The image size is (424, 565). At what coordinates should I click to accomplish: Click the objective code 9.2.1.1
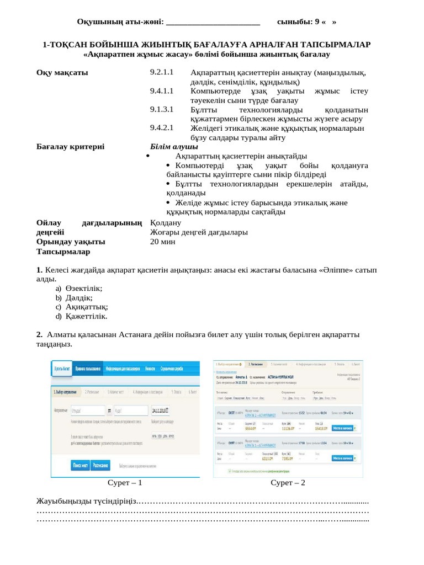162,73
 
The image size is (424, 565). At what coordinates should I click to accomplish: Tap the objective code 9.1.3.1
162,109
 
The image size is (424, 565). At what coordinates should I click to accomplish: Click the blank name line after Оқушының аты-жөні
213,22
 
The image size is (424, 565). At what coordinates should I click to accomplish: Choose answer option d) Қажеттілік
81,317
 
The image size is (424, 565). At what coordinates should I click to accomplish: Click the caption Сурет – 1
125,483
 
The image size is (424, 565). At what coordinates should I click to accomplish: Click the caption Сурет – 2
288,483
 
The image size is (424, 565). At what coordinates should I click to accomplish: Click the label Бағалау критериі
70,147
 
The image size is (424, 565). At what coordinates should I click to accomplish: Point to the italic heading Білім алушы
174,147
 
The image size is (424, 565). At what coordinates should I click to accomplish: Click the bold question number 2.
39,334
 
